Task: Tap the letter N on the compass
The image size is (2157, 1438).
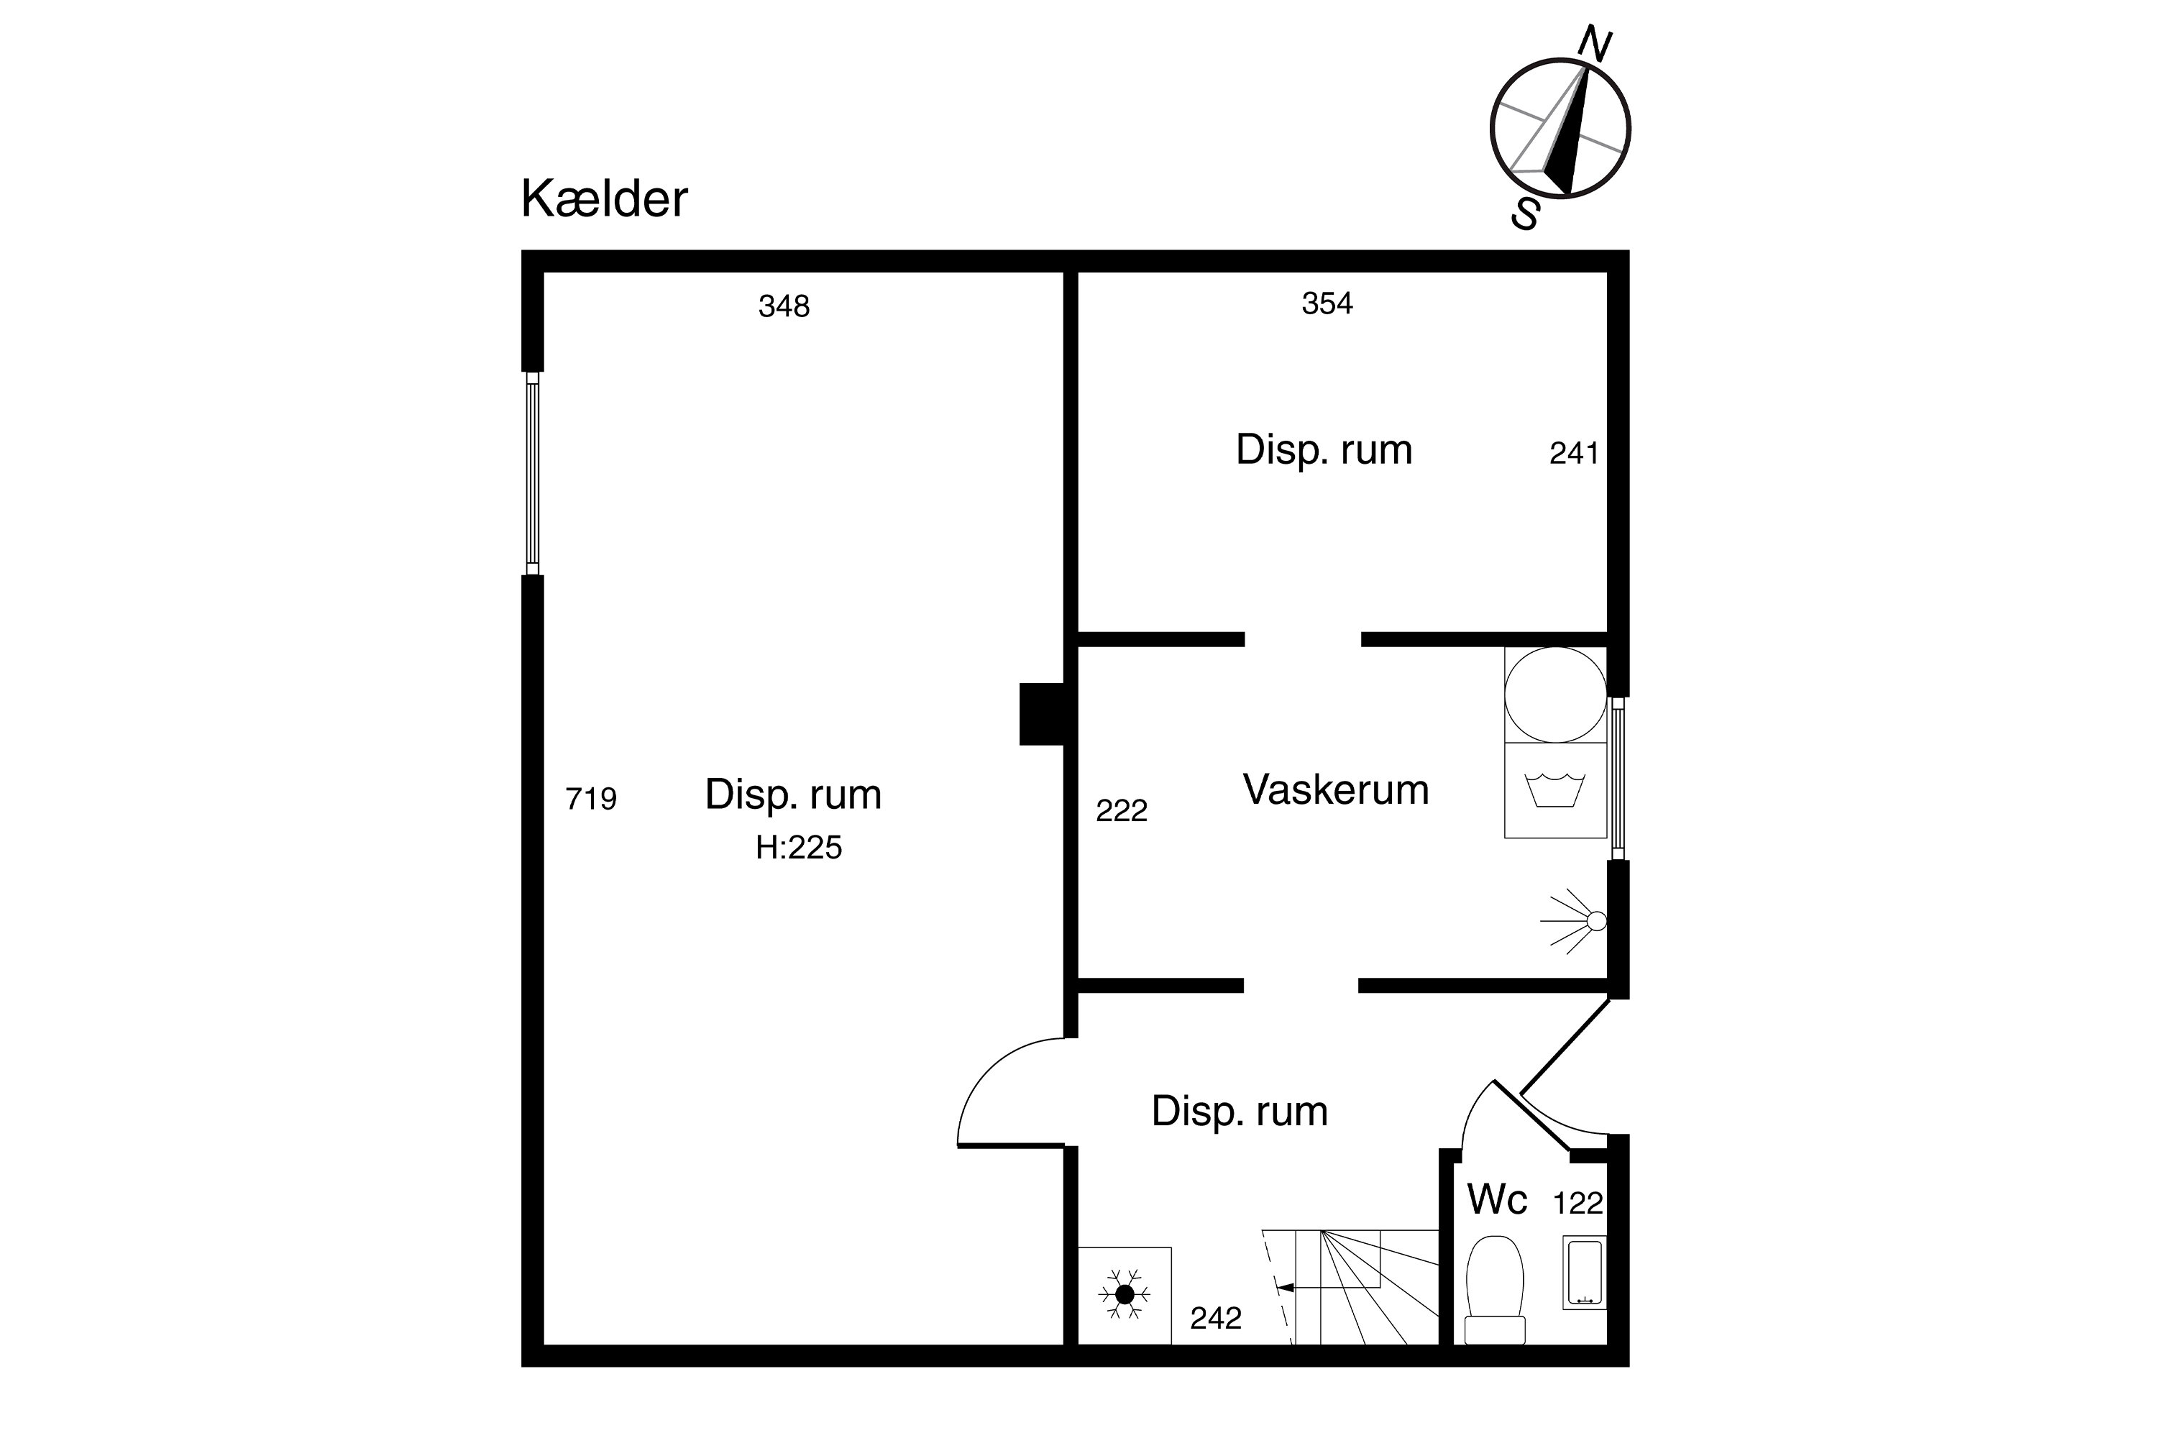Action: pos(1595,44)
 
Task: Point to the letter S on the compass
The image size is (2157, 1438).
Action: pos(1526,213)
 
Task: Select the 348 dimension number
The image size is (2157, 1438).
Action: pos(784,306)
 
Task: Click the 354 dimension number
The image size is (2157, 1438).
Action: pos(1327,303)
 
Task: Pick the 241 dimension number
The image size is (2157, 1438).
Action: pos(1574,453)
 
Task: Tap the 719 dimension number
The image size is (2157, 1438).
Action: pos(590,799)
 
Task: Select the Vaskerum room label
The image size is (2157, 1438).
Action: pos(1335,789)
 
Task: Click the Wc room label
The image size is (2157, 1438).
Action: pos(1497,1199)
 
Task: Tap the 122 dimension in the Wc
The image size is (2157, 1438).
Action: pos(1577,1203)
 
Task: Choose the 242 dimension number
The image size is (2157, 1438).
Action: pos(1216,1318)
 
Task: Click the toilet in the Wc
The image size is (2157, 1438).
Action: pos(1495,1289)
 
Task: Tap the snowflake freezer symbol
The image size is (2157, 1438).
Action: pos(1125,1294)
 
